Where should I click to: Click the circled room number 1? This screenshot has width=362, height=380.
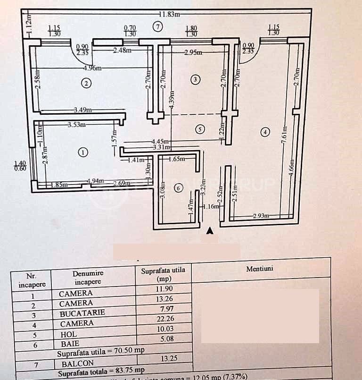[x=82, y=152]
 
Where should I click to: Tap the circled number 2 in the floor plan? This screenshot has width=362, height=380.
[x=86, y=84]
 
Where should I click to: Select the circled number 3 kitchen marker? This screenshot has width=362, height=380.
[x=195, y=80]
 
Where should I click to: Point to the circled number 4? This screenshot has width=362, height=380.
[x=266, y=133]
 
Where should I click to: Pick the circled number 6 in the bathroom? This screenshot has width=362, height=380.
[x=177, y=188]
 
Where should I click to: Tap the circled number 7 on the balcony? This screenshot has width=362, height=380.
[x=158, y=27]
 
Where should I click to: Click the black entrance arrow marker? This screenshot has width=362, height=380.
[x=210, y=231]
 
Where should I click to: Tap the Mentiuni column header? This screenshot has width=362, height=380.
[x=260, y=269]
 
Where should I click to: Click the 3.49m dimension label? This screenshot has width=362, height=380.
[x=83, y=110]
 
